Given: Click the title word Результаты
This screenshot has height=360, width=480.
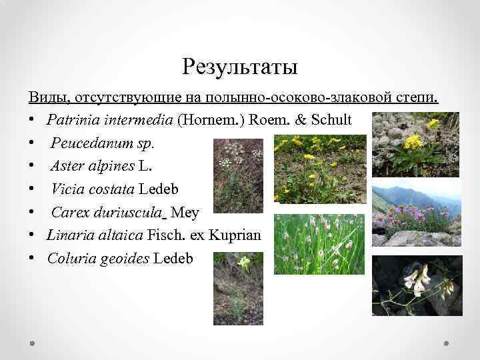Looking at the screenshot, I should click(x=239, y=67).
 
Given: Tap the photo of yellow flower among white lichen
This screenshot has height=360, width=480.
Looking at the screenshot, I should click(x=416, y=144).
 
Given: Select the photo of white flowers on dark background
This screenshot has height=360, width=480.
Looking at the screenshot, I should click(x=416, y=285).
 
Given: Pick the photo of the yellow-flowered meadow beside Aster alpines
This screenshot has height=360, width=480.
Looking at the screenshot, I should click(x=320, y=169).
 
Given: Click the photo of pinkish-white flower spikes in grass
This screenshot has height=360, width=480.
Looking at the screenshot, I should click(x=319, y=244).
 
